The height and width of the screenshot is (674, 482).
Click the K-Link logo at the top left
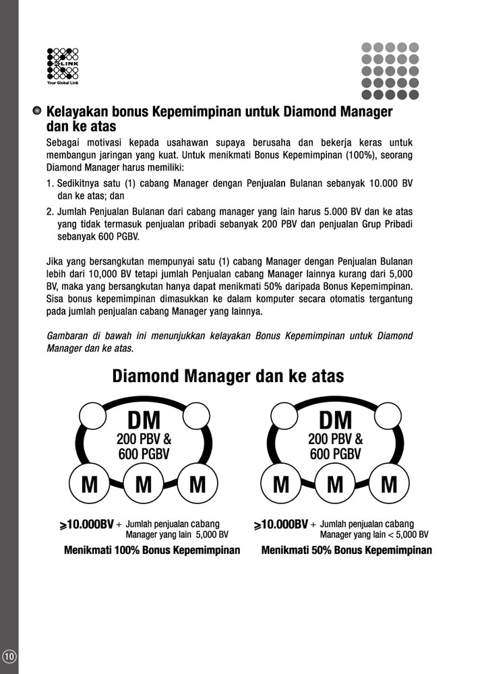[63, 65]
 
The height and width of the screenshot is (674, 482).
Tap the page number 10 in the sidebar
[9, 656]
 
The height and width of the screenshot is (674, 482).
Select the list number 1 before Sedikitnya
[49, 183]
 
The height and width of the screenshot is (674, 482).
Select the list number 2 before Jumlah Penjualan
[49, 212]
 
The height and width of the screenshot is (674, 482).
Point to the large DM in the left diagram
[144, 421]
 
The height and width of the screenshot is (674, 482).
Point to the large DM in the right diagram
[335, 421]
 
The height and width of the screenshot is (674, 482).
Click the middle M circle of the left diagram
[144, 483]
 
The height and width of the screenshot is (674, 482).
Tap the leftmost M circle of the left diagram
[90, 483]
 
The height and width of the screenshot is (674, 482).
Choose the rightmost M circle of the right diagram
[389, 483]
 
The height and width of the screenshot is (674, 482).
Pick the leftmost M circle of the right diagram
[281, 483]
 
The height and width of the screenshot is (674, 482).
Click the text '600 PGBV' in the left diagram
[144, 454]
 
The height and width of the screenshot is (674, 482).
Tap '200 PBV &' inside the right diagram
[335, 439]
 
